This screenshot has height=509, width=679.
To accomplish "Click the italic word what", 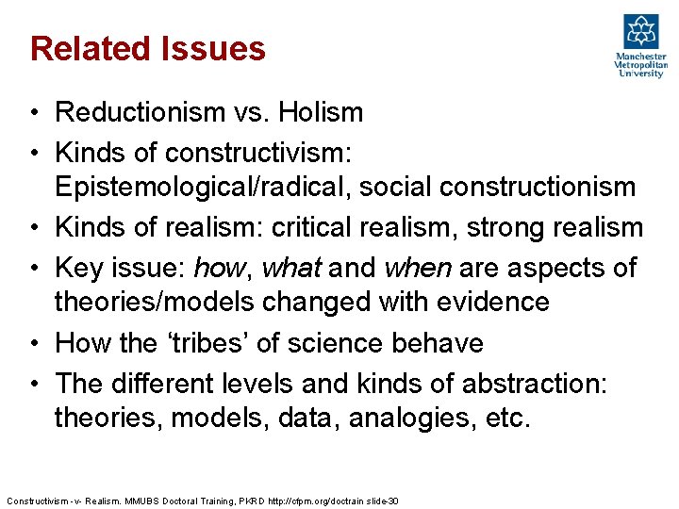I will click(x=291, y=268).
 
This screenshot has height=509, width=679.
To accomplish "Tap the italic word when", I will click(x=418, y=268).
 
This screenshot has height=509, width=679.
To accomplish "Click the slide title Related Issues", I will click(x=148, y=49).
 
